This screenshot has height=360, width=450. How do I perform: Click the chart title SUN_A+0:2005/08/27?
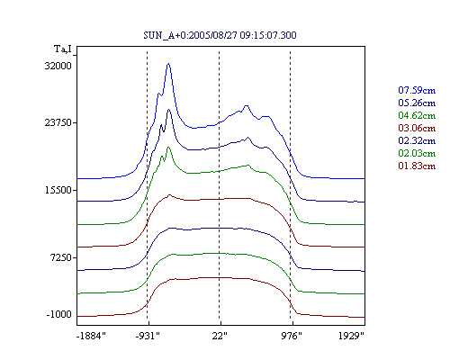point(220,35)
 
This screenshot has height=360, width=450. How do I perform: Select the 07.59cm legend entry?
point(417,90)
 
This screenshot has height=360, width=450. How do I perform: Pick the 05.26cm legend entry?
point(417,103)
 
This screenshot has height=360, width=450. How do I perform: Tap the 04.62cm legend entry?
point(417,115)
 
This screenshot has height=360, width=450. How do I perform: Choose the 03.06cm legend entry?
point(417,128)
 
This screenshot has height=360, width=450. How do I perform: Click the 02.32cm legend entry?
point(417,140)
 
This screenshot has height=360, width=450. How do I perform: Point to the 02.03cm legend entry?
point(417,153)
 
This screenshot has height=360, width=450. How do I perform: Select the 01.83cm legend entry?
point(417,166)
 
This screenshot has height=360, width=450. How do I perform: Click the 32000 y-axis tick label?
point(58,66)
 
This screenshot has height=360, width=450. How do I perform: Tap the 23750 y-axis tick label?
point(58,122)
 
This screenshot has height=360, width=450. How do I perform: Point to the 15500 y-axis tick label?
point(58,190)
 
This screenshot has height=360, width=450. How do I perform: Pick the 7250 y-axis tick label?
point(61,257)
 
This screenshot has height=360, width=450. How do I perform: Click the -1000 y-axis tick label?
point(59,314)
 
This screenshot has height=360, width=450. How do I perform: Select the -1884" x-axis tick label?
point(91,336)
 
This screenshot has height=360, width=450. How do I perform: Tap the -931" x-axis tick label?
point(148,336)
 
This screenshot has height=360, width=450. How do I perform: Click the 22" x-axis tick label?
point(220,336)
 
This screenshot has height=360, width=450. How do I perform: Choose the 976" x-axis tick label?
point(292,336)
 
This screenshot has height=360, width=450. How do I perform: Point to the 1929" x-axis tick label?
point(351,336)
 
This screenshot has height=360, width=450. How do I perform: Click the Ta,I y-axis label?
point(63,49)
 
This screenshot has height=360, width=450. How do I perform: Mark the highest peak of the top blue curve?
point(168,64)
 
